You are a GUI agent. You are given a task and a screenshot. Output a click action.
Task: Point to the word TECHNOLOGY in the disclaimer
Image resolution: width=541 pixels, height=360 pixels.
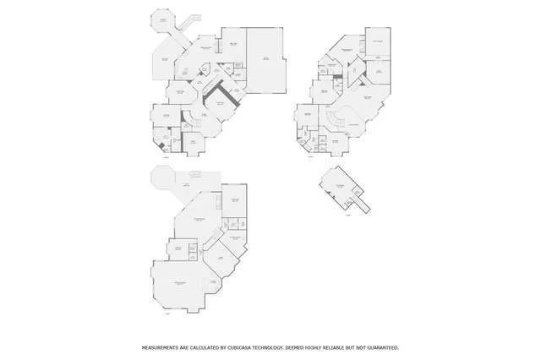click(280, 347)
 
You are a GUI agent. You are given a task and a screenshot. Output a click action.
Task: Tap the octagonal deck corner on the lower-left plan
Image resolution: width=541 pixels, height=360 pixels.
click(157, 178)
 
